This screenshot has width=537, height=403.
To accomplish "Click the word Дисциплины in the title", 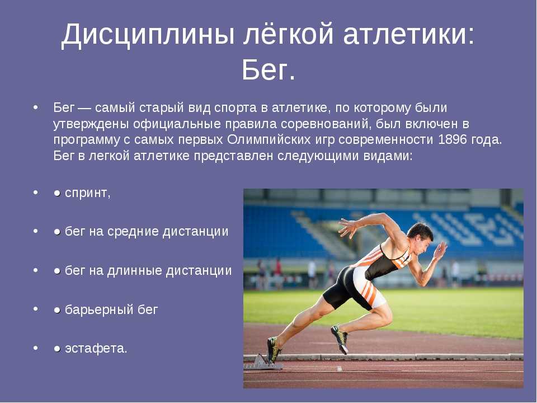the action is [x=148, y=35].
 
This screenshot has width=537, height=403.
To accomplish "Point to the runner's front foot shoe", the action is [x=340, y=338].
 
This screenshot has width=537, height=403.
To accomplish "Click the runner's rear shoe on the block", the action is [x=274, y=349].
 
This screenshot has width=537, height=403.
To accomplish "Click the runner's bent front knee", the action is [x=386, y=317].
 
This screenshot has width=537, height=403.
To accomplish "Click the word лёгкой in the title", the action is [x=288, y=34].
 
